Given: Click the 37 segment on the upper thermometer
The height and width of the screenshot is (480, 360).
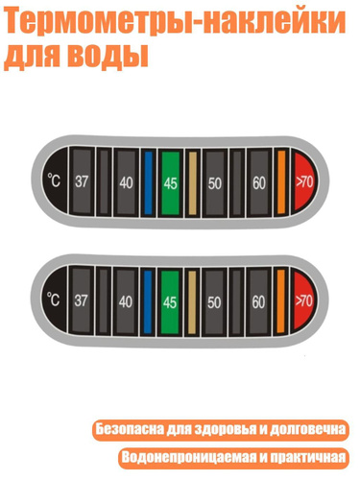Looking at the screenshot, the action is pyautogui.click(x=82, y=181).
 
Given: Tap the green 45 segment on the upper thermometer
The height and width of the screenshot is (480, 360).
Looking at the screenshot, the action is pyautogui.click(x=170, y=183).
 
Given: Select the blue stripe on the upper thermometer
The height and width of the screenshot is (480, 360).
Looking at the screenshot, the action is pyautogui.click(x=148, y=182).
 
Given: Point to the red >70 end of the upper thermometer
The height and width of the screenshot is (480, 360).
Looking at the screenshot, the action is pyautogui.click(x=304, y=182).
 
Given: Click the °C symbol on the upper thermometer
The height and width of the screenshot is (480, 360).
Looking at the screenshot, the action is pyautogui.click(x=54, y=180).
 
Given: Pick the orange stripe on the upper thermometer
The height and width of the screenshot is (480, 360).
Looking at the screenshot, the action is pyautogui.click(x=281, y=181).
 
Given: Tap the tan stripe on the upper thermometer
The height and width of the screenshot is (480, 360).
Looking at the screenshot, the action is pyautogui.click(x=193, y=183).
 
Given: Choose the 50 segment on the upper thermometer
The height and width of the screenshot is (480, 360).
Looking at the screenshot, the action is pyautogui.click(x=214, y=183).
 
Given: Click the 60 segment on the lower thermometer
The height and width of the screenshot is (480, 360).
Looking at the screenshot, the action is pyautogui.click(x=258, y=302).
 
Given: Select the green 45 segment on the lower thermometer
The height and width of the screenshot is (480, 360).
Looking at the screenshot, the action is pyautogui.click(x=170, y=302).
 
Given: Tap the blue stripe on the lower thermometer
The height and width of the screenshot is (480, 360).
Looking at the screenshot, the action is pyautogui.click(x=148, y=301).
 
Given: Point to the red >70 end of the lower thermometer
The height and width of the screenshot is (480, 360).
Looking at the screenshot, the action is pyautogui.click(x=303, y=300).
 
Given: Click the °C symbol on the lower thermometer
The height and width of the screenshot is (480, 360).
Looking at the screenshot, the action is pyautogui.click(x=54, y=300).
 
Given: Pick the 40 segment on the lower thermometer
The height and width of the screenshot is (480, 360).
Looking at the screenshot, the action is pyautogui.click(x=126, y=301).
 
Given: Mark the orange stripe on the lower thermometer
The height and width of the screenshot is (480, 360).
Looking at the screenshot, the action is pyautogui.click(x=280, y=300).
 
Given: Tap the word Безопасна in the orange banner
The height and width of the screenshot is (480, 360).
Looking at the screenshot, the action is pyautogui.click(x=130, y=429).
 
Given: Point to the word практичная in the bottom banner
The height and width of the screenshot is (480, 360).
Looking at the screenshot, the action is pyautogui.click(x=308, y=457).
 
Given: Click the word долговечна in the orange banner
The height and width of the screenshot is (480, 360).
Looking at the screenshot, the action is pyautogui.click(x=307, y=429).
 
